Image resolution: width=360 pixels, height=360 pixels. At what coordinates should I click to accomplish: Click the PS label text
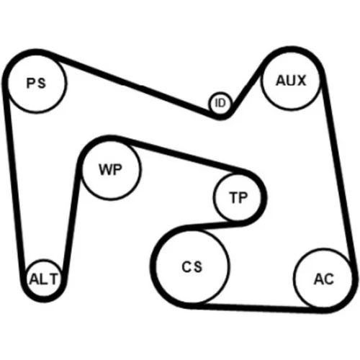[x=36, y=84]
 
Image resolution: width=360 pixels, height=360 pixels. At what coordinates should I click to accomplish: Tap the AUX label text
[x=291, y=81]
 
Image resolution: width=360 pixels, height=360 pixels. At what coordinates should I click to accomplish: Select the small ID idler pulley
[x=220, y=103]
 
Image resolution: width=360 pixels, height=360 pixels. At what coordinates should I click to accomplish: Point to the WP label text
[x=110, y=169]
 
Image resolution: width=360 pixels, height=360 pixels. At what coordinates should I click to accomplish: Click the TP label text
[x=238, y=198]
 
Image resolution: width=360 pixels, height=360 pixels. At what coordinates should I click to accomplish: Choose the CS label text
[x=192, y=266]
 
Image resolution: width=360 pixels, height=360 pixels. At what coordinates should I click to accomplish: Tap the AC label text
[x=324, y=279]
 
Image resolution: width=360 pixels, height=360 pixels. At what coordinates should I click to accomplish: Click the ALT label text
[x=43, y=279]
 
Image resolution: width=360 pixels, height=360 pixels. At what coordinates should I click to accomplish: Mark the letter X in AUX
[x=301, y=81]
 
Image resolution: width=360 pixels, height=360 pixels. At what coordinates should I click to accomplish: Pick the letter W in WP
[x=106, y=169]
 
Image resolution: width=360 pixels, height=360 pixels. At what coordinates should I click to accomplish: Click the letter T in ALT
[x=53, y=279]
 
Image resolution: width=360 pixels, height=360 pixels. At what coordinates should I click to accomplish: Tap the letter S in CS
[x=198, y=266]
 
